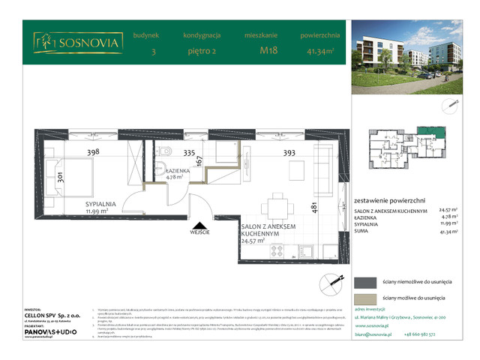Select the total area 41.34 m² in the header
click(x=321, y=51)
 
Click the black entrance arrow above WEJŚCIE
click(x=199, y=224)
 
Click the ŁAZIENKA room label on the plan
click(x=177, y=171)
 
